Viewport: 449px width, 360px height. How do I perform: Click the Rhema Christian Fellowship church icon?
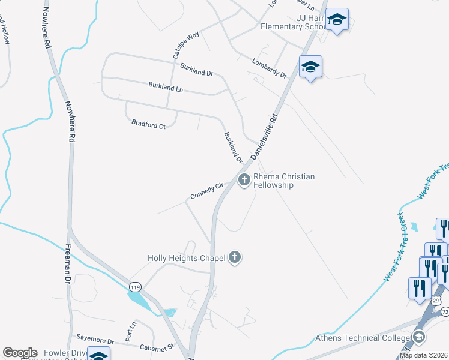click(244, 179)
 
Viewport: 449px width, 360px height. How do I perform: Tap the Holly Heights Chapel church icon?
click(235, 258)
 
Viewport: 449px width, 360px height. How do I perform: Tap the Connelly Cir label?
click(206, 191)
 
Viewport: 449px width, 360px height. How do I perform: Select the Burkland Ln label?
click(166, 87)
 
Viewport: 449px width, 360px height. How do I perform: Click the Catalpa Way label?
click(186, 44)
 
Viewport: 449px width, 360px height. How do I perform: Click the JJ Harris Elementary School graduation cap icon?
click(337, 20)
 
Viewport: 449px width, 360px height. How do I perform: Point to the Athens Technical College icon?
click(418, 337)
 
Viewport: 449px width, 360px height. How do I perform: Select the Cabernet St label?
click(155, 346)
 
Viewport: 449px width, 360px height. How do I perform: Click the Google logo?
click(20, 353)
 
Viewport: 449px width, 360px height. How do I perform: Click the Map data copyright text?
click(423, 355)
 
